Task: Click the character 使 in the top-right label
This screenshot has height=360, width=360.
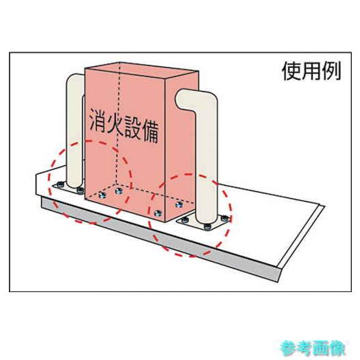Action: click(291, 71)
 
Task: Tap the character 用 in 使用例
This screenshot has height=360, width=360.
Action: click(311, 71)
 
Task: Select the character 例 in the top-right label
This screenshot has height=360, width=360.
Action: click(331, 71)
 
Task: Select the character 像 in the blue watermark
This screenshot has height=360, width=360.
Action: click(337, 348)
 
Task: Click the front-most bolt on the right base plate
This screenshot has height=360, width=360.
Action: click(207, 227)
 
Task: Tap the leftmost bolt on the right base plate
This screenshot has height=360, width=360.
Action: click(184, 220)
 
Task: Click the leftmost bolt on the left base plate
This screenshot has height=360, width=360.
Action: click(60, 184)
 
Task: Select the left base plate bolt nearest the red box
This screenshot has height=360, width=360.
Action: click(80, 190)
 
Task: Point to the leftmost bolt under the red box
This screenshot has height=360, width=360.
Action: click(102, 195)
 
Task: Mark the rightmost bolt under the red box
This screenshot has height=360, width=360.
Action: click(179, 204)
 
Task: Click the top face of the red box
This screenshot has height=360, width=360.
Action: click(141, 69)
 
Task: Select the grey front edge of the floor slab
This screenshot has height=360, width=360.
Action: click(160, 239)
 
